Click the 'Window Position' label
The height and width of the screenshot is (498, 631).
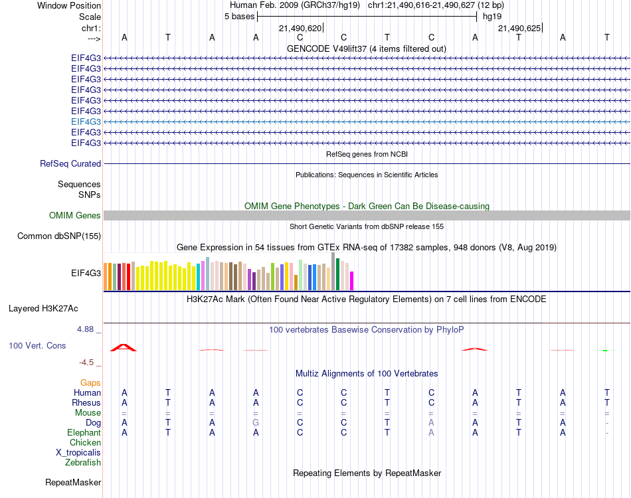click(x=69, y=5)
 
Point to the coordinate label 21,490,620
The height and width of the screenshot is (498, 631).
click(x=300, y=28)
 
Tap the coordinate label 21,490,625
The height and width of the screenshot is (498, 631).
click(x=520, y=28)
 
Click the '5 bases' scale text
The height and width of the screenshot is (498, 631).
click(x=239, y=17)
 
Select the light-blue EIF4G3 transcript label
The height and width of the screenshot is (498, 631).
click(x=86, y=122)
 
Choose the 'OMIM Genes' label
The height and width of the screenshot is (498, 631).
click(x=75, y=215)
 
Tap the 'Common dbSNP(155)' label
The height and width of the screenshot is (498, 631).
click(x=59, y=236)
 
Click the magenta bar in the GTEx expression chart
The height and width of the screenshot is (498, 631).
click(x=352, y=281)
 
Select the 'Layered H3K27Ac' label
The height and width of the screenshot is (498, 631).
click(x=43, y=308)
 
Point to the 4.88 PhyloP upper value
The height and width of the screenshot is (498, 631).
click(x=87, y=329)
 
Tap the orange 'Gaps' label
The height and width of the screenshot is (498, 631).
click(x=90, y=382)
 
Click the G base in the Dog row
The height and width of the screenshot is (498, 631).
click(x=256, y=422)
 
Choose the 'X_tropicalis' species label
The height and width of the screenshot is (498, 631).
click(x=78, y=452)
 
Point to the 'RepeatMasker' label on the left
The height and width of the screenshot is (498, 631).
click(x=73, y=482)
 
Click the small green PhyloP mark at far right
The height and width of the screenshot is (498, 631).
click(x=605, y=350)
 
